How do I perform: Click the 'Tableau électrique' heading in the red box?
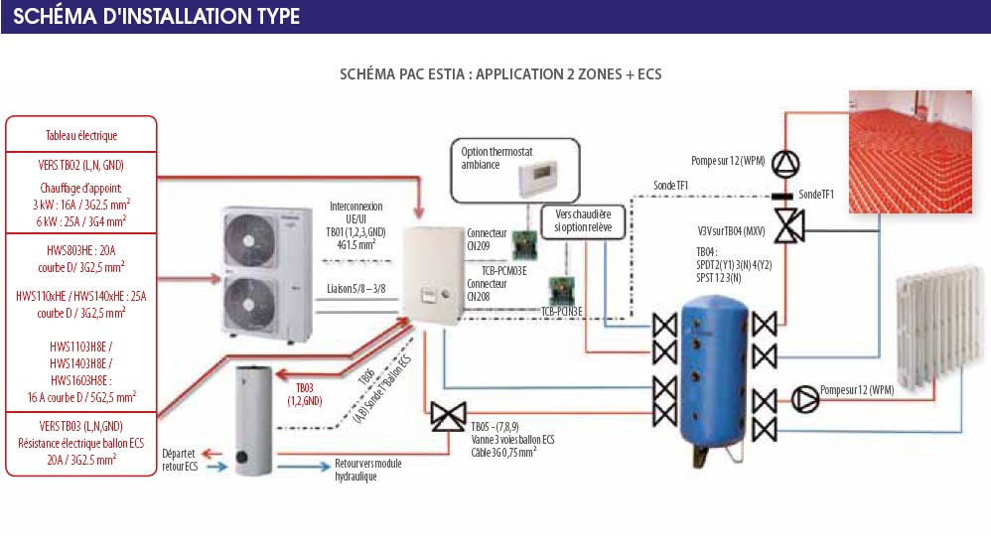tap(81, 135)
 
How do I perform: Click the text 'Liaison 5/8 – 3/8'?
tap(356, 288)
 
